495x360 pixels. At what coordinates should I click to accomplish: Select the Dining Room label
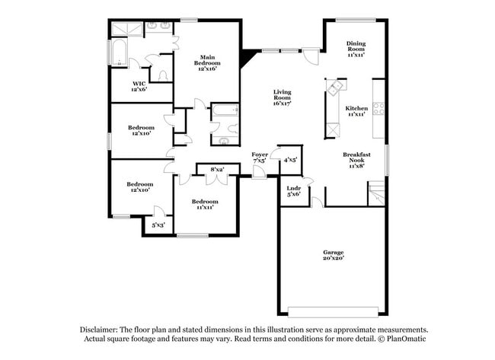point(356,49)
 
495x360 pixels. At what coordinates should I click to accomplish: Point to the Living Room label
point(283,97)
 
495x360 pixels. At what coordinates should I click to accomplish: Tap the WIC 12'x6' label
point(139,86)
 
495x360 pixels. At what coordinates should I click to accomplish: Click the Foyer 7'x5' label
point(260,158)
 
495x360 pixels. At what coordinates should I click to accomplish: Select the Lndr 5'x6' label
point(293,190)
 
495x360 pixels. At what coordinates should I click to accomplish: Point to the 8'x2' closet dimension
point(216,169)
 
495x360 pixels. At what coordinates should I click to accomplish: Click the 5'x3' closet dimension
point(158,225)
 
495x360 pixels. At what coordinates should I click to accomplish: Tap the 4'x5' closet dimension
point(290,160)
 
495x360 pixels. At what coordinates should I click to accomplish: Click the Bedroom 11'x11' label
point(202,204)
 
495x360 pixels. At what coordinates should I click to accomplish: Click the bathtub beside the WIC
point(119,56)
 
